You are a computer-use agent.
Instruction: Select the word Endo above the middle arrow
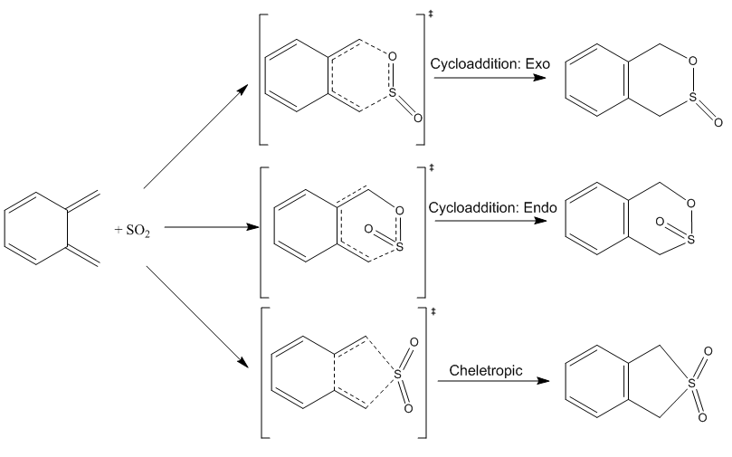(x=538, y=207)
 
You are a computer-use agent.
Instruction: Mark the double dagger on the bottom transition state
(x=433, y=312)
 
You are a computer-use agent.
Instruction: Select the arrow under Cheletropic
(x=493, y=381)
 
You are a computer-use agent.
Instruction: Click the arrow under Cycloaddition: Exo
(x=490, y=79)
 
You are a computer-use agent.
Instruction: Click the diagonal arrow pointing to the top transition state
(x=195, y=137)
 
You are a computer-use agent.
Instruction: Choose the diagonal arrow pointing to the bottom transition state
(x=195, y=317)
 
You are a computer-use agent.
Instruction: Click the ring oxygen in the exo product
(x=691, y=61)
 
